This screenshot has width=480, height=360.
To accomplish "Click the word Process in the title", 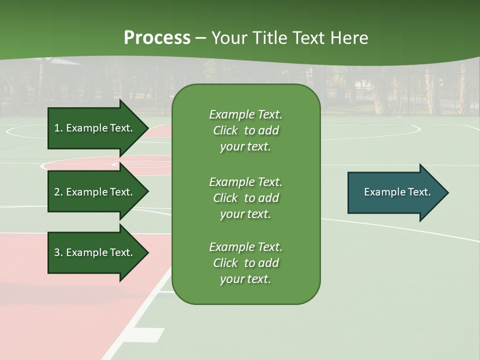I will point(157,38).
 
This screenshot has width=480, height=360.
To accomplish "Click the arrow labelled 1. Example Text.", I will point(95,128).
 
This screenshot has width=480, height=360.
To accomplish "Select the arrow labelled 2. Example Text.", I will point(95,192).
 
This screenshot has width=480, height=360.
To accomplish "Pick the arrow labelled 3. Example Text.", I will point(95,252).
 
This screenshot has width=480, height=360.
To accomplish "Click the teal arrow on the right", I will point(395,192).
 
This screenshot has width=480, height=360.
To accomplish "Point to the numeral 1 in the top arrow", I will point(57,128).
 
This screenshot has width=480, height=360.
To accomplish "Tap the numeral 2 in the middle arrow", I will point(57,192).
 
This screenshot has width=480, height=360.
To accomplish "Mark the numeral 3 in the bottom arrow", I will point(57,252).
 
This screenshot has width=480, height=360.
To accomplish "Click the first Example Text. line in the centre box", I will point(245,114).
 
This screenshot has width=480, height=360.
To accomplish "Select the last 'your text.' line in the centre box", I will point(245,279).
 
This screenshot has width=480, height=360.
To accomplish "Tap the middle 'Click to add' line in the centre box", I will point(245,198).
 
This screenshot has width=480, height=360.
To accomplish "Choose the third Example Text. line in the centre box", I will point(245,247).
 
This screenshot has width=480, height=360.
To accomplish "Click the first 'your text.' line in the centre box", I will point(245,146).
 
